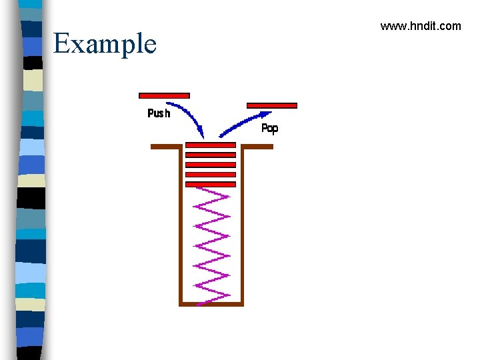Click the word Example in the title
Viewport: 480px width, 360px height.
pyautogui.click(x=105, y=44)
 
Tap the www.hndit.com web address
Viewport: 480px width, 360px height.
pyautogui.click(x=420, y=26)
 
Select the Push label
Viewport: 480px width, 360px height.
pyautogui.click(x=159, y=113)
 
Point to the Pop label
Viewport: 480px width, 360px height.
pyautogui.click(x=269, y=129)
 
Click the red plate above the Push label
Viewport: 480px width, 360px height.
pyautogui.click(x=164, y=95)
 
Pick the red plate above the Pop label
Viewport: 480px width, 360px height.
pyautogui.click(x=272, y=105)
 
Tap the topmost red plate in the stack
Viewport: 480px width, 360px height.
pyautogui.click(x=211, y=145)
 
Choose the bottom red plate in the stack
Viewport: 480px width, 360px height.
pyautogui.click(x=211, y=184)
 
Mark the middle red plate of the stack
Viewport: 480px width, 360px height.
pyautogui.click(x=211, y=164)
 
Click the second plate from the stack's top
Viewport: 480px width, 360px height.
pyautogui.click(x=211, y=155)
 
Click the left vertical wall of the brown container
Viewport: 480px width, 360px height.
pyautogui.click(x=181, y=227)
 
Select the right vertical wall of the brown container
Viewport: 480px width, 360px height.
pyautogui.click(x=241, y=227)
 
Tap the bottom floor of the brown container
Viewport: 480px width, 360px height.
pyautogui.click(x=211, y=304)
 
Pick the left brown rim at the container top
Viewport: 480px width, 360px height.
pyautogui.click(x=166, y=147)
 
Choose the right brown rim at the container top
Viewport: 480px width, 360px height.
pyautogui.click(x=257, y=147)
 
